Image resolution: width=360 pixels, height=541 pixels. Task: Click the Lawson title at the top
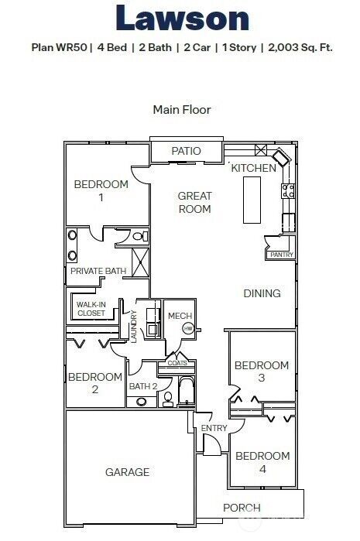pyautogui.click(x=182, y=19)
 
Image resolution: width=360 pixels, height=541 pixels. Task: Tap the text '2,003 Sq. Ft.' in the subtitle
pyautogui.click(x=300, y=47)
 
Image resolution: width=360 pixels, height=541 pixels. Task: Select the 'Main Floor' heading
pyautogui.click(x=181, y=109)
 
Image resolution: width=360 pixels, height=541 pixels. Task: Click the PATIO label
pyautogui.click(x=186, y=151)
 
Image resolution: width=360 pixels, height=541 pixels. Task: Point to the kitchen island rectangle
pyautogui.click(x=252, y=200)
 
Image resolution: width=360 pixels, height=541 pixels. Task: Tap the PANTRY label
pyautogui.click(x=280, y=254)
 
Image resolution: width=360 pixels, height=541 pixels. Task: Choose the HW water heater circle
pyautogui.click(x=187, y=329)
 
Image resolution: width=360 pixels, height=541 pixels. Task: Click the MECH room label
pyautogui.click(x=180, y=316)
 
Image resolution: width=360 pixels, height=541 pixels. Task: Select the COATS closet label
pyautogui.click(x=177, y=362)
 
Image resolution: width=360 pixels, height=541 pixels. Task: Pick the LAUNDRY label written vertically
pyautogui.click(x=133, y=326)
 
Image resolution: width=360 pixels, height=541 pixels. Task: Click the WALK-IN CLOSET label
pyautogui.click(x=91, y=309)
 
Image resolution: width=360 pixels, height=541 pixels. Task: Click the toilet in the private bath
pyautogui.click(x=139, y=236)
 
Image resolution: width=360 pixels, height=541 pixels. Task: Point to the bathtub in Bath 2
pyautogui.click(x=186, y=392)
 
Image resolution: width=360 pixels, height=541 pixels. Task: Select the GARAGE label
pyautogui.click(x=127, y=471)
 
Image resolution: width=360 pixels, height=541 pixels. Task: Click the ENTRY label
pyautogui.click(x=214, y=428)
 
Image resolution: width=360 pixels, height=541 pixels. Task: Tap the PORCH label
pyautogui.click(x=242, y=508)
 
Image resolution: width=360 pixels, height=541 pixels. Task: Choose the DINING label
pyautogui.click(x=262, y=293)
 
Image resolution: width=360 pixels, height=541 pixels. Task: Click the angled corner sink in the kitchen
pyautogui.click(x=280, y=159)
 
